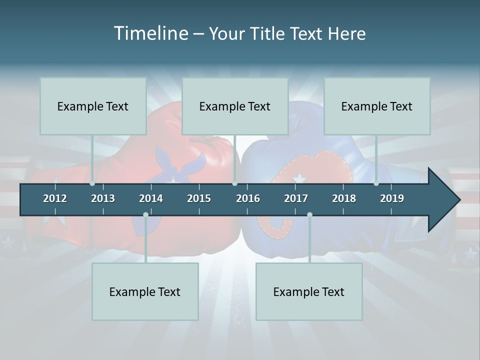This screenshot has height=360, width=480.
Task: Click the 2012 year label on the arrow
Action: [x=55, y=198]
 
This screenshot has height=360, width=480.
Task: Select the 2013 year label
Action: [x=103, y=198]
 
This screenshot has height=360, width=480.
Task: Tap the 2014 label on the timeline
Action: [x=151, y=198]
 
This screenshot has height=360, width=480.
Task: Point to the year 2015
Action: [x=199, y=198]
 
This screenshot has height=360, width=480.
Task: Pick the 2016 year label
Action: [x=248, y=198]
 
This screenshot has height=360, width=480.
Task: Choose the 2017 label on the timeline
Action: [x=296, y=198]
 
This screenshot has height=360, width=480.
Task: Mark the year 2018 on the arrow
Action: [x=344, y=198]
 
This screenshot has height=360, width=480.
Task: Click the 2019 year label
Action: [x=392, y=198]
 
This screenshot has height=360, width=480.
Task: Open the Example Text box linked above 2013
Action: [x=93, y=106]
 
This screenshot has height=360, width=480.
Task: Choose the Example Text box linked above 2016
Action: [x=235, y=106]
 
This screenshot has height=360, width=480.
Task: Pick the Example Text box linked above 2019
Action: [x=377, y=106]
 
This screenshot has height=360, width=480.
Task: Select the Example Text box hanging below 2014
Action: [x=145, y=291]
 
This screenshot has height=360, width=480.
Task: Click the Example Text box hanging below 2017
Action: [x=309, y=291]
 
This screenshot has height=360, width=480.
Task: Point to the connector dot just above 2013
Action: [x=92, y=183]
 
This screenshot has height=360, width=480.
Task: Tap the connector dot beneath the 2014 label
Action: [x=145, y=214]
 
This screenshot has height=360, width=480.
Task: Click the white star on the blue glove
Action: [x=299, y=177]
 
